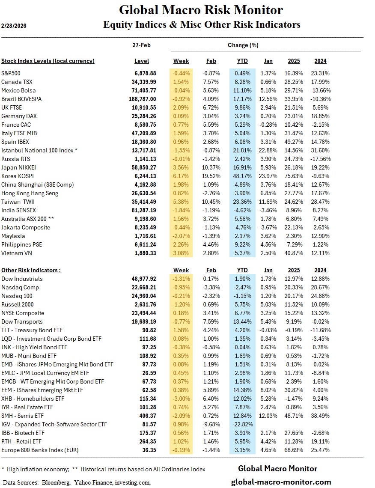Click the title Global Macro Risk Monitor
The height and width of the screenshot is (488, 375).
pos(201,10)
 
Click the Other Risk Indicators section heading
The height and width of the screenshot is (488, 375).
pos(31,270)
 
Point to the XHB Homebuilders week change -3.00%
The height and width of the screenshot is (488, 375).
pos(181,399)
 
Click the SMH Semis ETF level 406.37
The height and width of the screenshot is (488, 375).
pos(144,416)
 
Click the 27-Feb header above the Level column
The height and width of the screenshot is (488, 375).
pos(142,45)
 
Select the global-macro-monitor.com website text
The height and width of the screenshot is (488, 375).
pos(281,482)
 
